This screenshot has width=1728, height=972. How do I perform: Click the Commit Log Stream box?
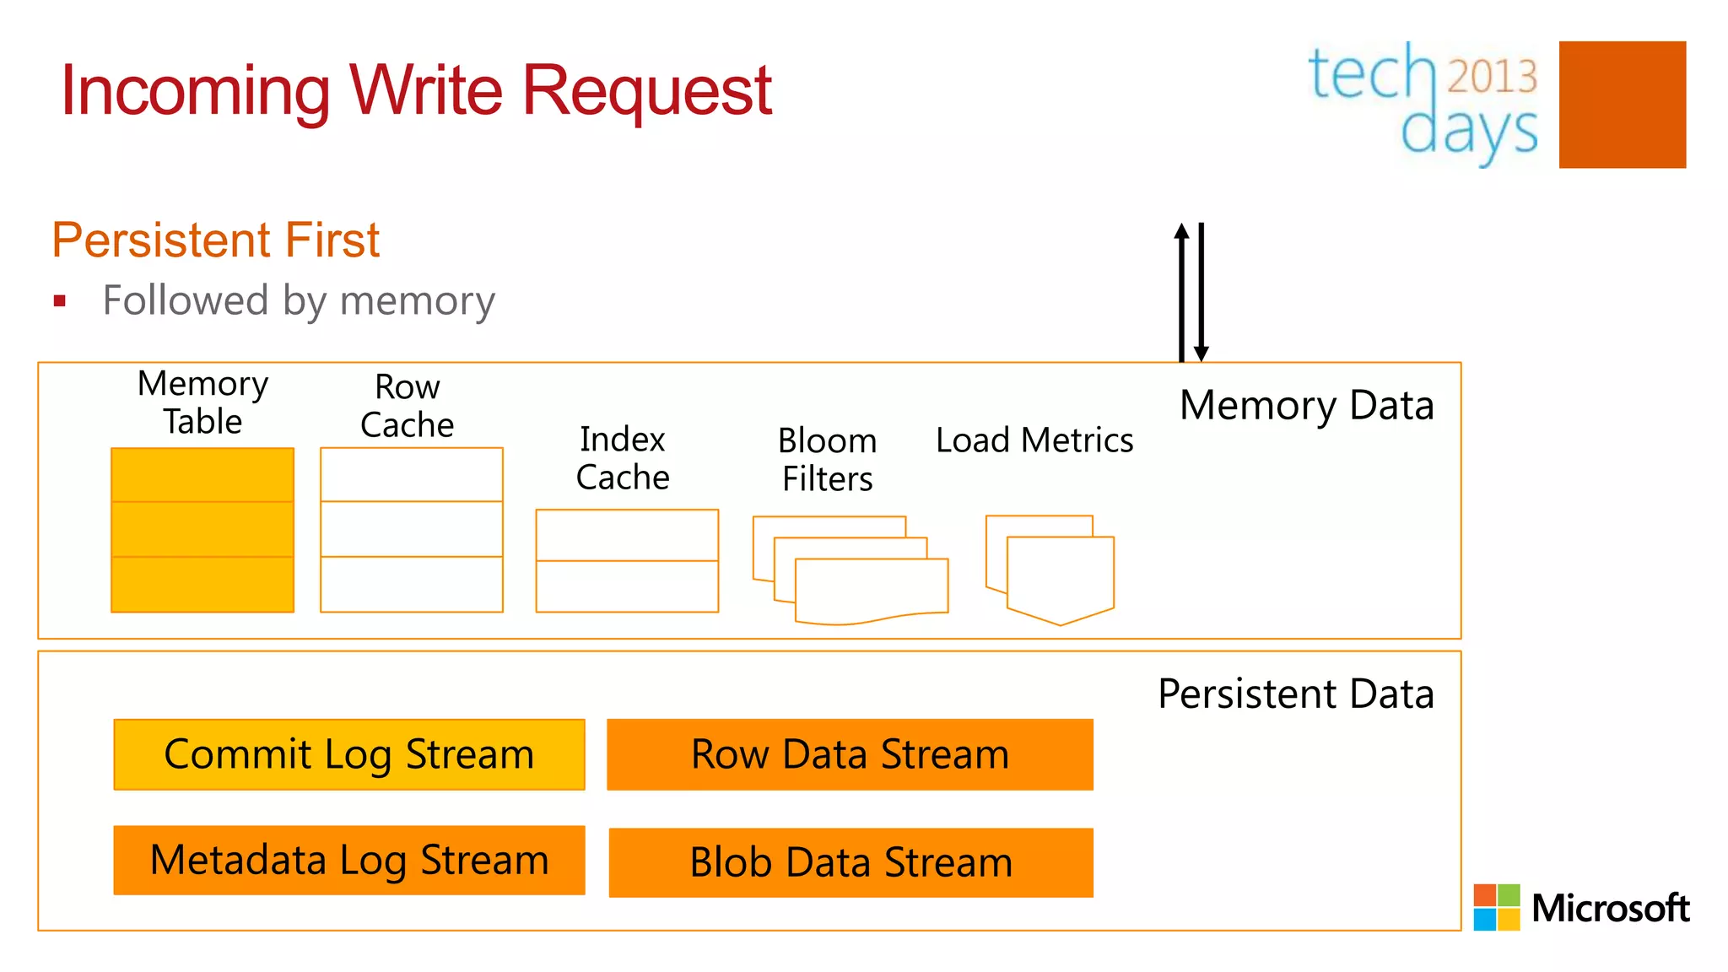click(x=348, y=754)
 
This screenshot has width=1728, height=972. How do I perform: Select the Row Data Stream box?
click(x=850, y=754)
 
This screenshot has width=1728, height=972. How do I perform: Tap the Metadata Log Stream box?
click(x=348, y=860)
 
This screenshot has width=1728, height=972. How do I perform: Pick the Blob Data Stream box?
click(x=850, y=862)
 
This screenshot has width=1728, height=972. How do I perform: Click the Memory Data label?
click(x=1306, y=405)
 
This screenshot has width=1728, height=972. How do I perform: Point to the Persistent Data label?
click(x=1295, y=694)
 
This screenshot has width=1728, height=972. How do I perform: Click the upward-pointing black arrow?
click(x=1181, y=291)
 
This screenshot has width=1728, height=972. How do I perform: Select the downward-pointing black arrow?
click(x=1201, y=291)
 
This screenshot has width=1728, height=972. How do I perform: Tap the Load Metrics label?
click(x=1034, y=440)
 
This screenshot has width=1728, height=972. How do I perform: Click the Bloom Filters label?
click(x=827, y=460)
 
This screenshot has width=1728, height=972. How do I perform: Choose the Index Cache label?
click(x=623, y=458)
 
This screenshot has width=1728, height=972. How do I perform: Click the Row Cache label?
click(x=408, y=406)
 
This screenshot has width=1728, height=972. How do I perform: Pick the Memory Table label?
click(x=202, y=402)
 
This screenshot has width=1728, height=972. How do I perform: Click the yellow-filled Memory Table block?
click(x=202, y=530)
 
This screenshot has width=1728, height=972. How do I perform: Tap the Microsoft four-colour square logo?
click(x=1496, y=907)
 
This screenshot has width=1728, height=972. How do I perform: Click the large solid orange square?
click(x=1622, y=105)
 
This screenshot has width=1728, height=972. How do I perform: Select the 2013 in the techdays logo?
click(x=1492, y=76)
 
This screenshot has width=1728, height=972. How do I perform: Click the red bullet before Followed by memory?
click(x=59, y=301)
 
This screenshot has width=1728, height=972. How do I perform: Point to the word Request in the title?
click(x=646, y=91)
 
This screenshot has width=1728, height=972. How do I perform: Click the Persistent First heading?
click(x=216, y=240)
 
